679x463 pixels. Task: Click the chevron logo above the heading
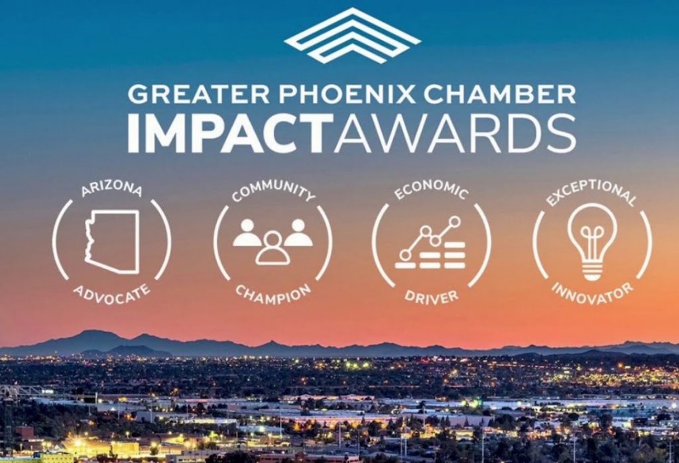[352, 36]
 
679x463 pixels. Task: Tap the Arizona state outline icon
[113, 241]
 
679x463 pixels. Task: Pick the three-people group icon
[273, 240]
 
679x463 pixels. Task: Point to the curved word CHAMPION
[273, 293]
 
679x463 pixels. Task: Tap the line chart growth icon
[432, 242]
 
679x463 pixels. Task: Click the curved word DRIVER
[432, 295]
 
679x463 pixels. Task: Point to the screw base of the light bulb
[591, 271]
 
